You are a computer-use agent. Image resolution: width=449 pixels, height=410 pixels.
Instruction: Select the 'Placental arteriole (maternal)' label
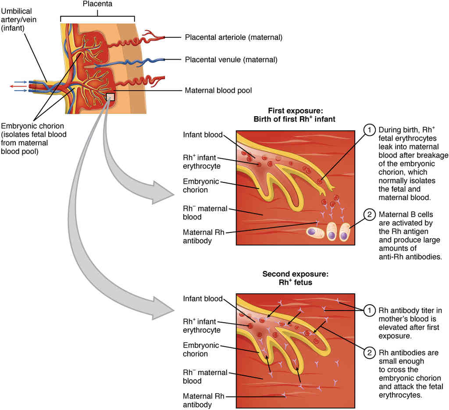coord(233,37)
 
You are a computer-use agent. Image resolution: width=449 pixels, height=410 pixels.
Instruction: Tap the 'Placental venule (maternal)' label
coord(231,59)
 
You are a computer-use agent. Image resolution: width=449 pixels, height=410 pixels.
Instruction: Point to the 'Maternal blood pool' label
coord(218,91)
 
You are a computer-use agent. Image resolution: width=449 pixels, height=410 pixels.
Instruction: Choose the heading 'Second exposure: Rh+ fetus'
coord(295,278)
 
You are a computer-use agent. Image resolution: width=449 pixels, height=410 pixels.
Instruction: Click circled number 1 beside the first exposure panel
coord(370,130)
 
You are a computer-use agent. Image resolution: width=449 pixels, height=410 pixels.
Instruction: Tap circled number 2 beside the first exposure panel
coord(370,215)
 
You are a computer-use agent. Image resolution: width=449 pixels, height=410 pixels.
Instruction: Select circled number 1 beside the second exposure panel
coord(370,310)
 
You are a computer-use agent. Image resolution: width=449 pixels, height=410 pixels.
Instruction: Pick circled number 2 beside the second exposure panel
coord(370,352)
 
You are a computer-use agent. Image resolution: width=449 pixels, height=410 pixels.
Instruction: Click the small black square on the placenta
coord(110,96)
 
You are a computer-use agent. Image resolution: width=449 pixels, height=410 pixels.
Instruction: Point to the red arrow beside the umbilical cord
coord(18,86)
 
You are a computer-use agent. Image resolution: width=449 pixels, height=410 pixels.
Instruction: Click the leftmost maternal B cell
coord(314,233)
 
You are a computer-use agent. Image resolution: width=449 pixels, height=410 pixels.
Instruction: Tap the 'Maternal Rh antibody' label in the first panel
coord(203,236)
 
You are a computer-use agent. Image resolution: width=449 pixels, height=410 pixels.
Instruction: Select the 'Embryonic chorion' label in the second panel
coord(201,349)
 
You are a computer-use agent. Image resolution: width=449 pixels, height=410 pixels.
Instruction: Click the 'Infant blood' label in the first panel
coord(203,134)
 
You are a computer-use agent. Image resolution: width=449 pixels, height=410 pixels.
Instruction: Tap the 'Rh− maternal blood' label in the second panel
coord(205,377)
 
